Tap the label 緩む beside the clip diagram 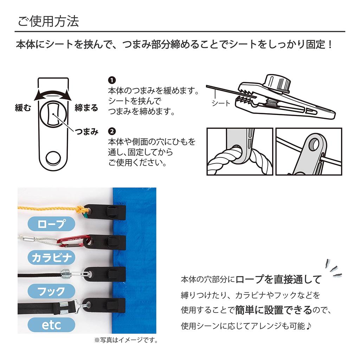click(x=23, y=108)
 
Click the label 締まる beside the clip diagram click(x=86, y=108)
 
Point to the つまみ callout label click(x=86, y=132)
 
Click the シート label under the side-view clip click(x=221, y=103)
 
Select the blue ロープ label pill click(x=52, y=224)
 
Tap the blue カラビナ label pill click(x=52, y=258)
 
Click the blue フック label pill click(x=52, y=291)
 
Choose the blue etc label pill click(x=52, y=324)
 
